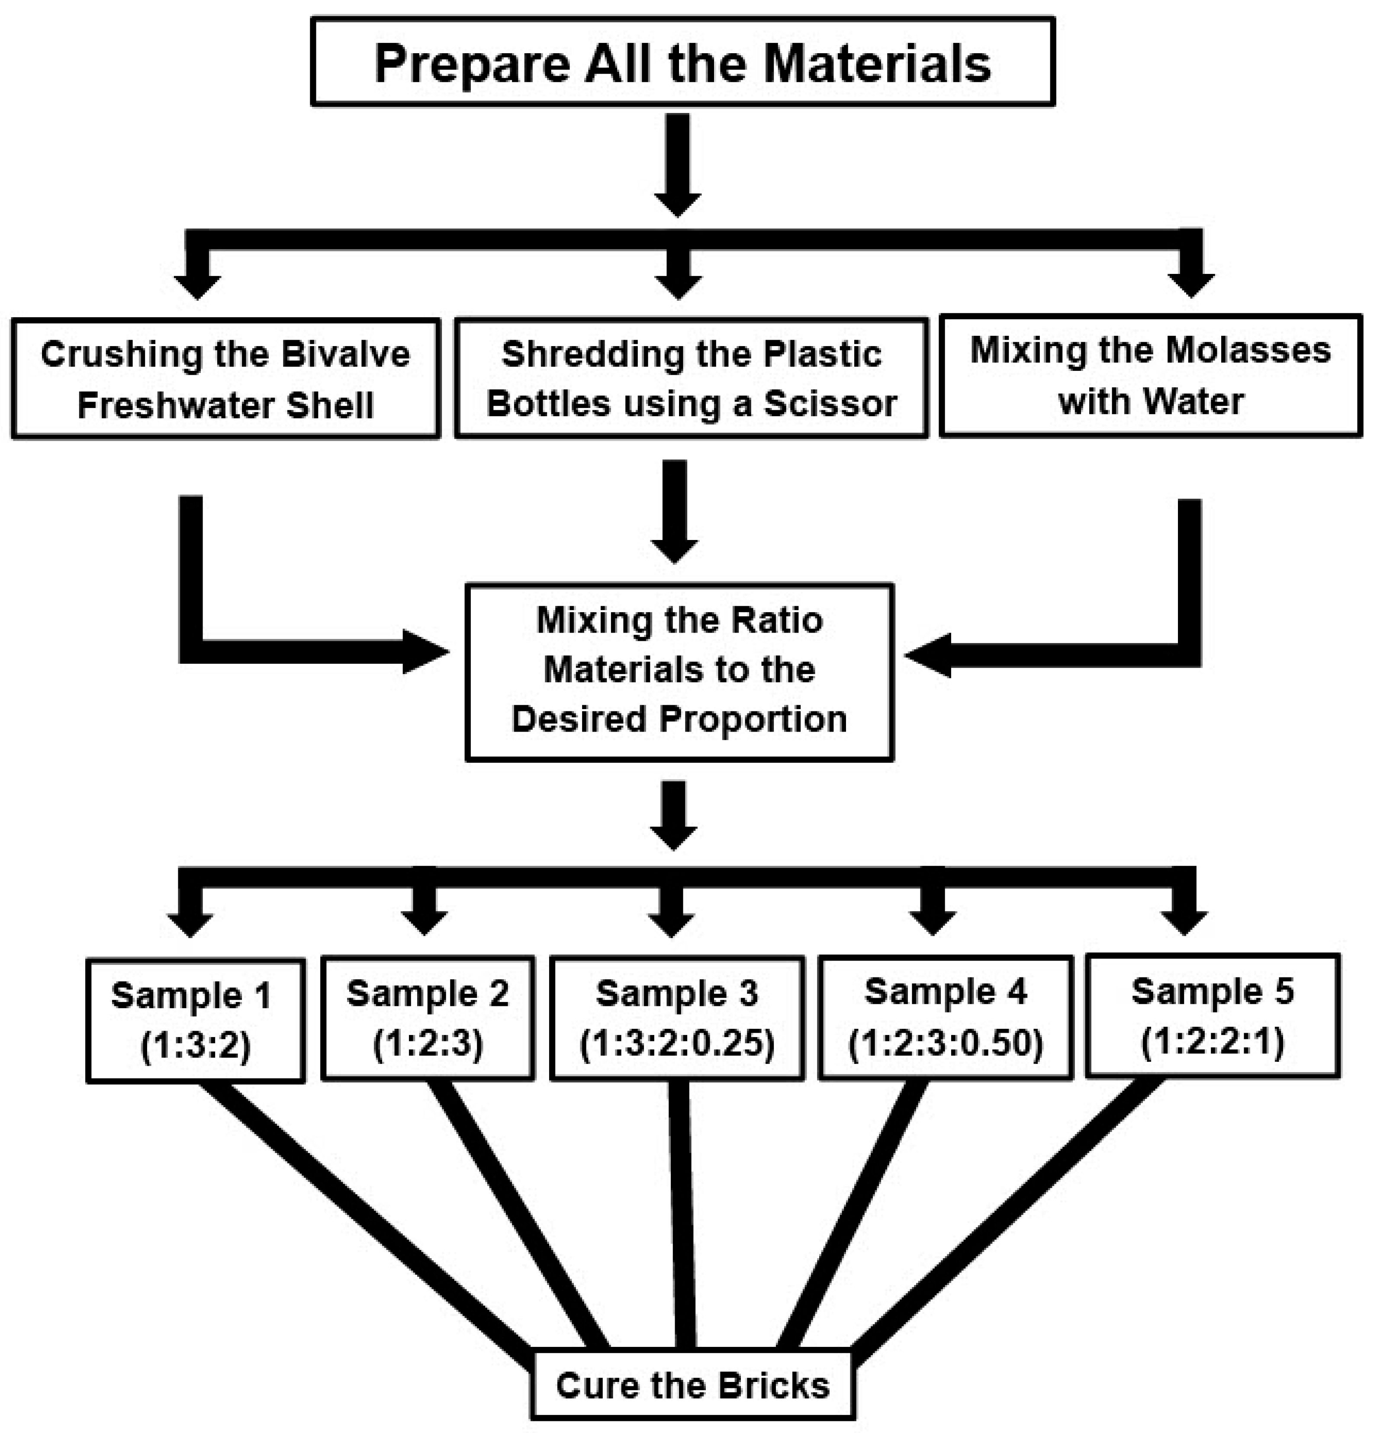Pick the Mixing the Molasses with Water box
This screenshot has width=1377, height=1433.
click(x=1150, y=376)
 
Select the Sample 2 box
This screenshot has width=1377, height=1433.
click(x=428, y=1017)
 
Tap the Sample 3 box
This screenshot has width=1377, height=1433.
click(x=677, y=1017)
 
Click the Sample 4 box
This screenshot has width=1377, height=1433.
click(x=946, y=1016)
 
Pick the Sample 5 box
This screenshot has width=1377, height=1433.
click(x=1213, y=1015)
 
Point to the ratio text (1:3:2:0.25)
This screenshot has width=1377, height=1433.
click(x=677, y=1043)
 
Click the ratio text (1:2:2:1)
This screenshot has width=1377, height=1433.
click(x=1213, y=1041)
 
